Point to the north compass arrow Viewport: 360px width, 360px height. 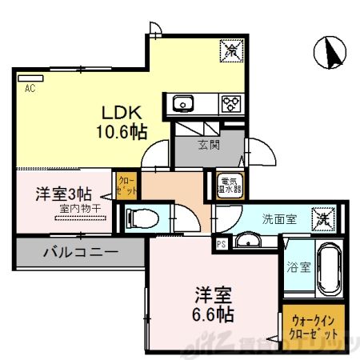(330, 53)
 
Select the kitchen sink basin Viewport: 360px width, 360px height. (181, 102)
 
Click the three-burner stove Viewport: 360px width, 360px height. (231, 102)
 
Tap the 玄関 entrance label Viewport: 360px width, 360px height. (210, 146)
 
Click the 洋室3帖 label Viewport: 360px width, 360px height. (63, 193)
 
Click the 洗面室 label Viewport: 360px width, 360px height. (281, 218)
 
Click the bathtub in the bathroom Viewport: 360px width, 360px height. (329, 270)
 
